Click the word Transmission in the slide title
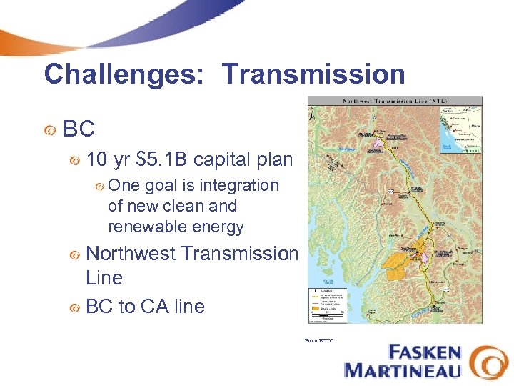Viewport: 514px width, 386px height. (x=313, y=74)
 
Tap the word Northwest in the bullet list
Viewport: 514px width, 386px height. (x=132, y=254)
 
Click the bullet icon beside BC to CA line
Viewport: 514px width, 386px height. (x=74, y=307)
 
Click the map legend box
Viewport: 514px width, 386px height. (x=328, y=300)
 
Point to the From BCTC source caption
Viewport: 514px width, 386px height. (x=318, y=341)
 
